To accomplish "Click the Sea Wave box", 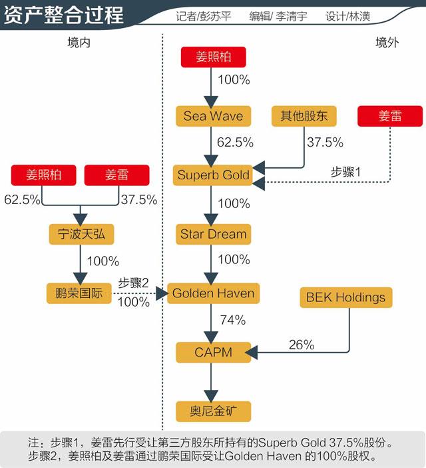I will point(213,116).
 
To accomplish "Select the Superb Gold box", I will point(213,175).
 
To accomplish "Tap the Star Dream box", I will point(213,234).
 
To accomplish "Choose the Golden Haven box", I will point(213,293).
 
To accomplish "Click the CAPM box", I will point(213,351).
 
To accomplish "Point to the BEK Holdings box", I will point(345,297).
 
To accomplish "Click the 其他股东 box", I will point(304,116).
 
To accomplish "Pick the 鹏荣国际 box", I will point(79,293).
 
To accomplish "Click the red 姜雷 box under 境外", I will point(390,116).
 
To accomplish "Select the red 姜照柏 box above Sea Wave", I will point(213,57).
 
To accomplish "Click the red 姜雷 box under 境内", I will point(116,175).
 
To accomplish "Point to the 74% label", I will point(232,320).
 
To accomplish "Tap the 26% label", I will point(301,345).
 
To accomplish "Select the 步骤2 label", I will point(133,283).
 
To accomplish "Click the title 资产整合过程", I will point(64,15).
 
